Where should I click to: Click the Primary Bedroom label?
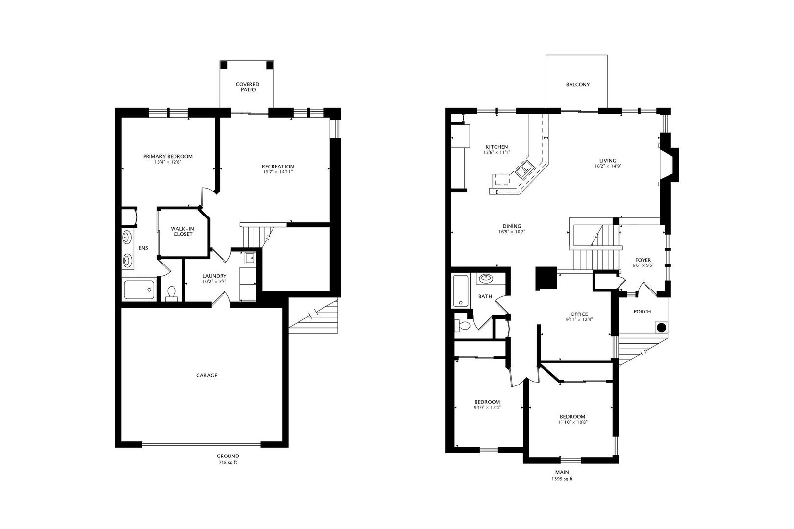coord(168,156)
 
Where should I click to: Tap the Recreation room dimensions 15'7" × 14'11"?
coord(277,172)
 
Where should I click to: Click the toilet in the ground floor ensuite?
coord(172,293)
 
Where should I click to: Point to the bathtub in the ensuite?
coord(139,289)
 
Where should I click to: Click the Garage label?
coord(206,375)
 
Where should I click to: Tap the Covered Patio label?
coord(247,87)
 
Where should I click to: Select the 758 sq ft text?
coord(228,462)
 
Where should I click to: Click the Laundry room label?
coord(214,276)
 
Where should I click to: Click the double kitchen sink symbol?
coord(524,170)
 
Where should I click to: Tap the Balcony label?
coord(578,85)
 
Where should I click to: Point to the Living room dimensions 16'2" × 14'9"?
coord(608,166)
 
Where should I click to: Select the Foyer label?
coord(643,260)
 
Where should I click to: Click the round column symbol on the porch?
coord(661,327)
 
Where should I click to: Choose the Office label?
coord(579,314)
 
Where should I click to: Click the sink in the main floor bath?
coord(486,279)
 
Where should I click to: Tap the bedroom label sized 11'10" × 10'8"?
coord(572,416)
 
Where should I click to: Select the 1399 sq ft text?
coord(562,479)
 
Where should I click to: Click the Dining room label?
coord(511,226)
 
